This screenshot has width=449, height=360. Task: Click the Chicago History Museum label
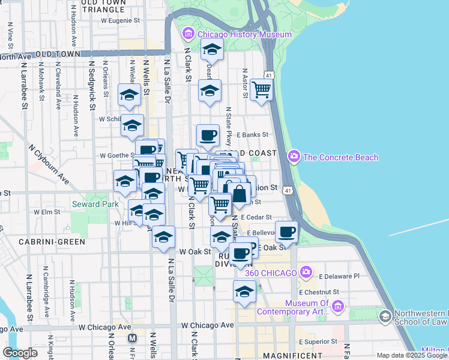244,34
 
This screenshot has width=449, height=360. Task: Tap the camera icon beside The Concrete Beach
294,157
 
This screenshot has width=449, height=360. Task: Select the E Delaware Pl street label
339,277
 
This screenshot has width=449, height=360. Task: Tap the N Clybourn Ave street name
48,163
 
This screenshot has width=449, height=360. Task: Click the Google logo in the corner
20,353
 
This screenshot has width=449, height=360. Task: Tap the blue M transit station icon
133,338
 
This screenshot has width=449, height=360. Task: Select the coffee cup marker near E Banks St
208,135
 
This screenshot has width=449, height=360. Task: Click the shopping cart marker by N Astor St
262,90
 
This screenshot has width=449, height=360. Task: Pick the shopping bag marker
239,193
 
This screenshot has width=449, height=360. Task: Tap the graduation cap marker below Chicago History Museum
211,50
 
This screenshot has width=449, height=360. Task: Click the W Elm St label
45,212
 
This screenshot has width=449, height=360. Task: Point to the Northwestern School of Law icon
385,315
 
